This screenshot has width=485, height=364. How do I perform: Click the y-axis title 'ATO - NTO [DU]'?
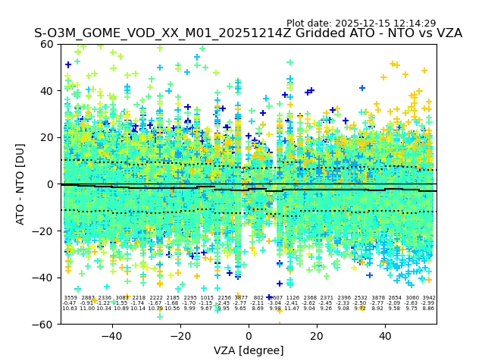pos(21,184)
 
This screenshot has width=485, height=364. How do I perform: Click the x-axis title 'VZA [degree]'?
pos(249,350)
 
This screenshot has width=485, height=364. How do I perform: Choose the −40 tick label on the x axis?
pos(111,336)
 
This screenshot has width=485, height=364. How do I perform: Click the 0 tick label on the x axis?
pos(249,336)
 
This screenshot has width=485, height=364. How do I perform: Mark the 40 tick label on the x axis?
pos(385,336)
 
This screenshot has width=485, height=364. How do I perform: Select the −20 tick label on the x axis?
pos(180,336)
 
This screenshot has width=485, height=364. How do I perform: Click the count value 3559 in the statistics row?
pos(70,298)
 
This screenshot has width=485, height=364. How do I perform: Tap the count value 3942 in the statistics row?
pos(429,298)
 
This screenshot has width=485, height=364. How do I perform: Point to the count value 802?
pos(258,298)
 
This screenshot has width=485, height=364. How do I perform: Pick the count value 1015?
pos(207,298)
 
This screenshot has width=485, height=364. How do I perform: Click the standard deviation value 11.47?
pos(293,309)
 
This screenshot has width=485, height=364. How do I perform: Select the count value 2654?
pos(395,298)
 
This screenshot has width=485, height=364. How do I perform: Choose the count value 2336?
pos(105,298)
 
